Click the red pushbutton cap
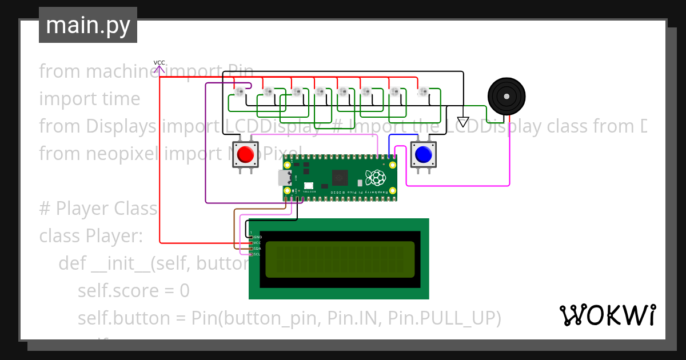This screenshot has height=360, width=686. [x=245, y=154]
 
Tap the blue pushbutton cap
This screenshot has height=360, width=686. [x=424, y=154]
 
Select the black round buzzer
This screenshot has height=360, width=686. [x=506, y=95]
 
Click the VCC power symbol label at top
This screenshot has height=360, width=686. [x=159, y=62]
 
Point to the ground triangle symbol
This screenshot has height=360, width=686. [x=463, y=122]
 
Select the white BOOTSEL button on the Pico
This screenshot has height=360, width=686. [x=309, y=185]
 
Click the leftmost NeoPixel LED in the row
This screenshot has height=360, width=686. [x=241, y=91]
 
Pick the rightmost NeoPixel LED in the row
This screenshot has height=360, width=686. [x=423, y=91]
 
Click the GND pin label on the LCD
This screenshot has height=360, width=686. [x=257, y=237]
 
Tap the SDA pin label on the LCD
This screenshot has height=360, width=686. [x=257, y=249]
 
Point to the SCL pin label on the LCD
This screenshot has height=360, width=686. [x=257, y=254]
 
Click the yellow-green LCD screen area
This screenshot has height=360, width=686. [x=340, y=260]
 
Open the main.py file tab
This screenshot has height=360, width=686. [x=88, y=25]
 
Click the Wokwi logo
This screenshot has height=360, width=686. [x=607, y=315]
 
